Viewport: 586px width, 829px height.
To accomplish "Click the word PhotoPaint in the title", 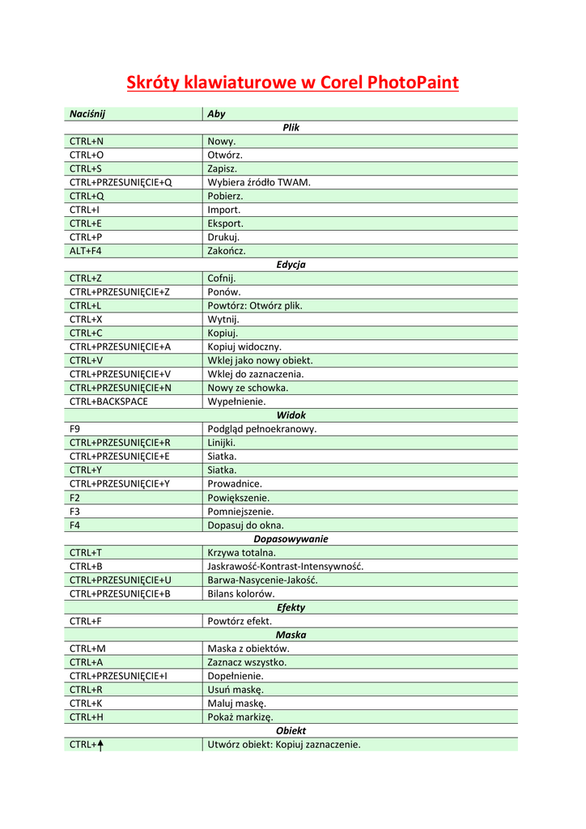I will click(413, 83).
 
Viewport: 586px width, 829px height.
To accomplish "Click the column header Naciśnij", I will click(87, 114).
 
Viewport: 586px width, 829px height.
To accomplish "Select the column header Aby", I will click(216, 114).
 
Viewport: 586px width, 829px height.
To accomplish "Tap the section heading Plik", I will click(291, 128).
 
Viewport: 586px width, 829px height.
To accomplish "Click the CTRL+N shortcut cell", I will click(86, 142).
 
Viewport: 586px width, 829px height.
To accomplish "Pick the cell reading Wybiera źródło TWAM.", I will click(259, 182).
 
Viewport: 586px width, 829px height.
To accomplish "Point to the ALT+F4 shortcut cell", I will click(86, 251).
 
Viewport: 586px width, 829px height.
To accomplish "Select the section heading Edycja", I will click(291, 265).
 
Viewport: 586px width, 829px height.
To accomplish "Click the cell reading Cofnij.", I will click(222, 278).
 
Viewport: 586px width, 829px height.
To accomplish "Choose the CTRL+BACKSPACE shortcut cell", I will click(108, 402).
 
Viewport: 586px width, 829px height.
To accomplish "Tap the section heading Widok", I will click(291, 415).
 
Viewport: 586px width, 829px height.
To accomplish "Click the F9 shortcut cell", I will click(75, 429).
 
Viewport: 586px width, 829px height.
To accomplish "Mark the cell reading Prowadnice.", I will click(235, 484).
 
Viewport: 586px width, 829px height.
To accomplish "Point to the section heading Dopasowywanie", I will click(291, 538).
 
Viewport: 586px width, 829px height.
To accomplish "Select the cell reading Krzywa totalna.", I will click(242, 552).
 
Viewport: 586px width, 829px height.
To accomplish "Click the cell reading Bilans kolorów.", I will click(241, 593).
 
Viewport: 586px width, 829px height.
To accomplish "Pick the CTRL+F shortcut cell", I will click(85, 621).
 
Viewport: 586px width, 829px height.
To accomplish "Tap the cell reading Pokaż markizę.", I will click(240, 716).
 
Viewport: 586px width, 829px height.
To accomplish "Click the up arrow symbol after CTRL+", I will click(100, 745).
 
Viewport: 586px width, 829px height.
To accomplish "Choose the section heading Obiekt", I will click(291, 730).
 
